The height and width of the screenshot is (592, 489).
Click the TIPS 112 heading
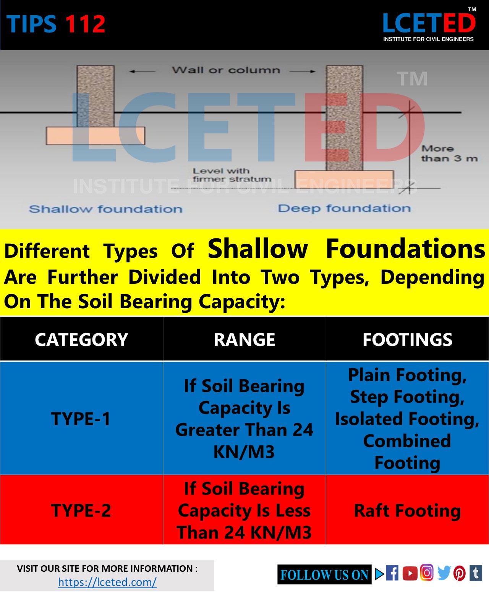click(56, 24)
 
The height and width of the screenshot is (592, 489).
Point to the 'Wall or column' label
click(225, 70)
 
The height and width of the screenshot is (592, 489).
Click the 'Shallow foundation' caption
click(106, 209)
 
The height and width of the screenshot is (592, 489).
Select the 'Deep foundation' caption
click(344, 208)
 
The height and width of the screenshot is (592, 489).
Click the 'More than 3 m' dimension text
click(449, 154)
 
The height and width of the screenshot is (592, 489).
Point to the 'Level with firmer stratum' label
click(232, 175)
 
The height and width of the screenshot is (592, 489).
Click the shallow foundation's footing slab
click(96, 136)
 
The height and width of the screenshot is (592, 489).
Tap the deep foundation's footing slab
click(344, 179)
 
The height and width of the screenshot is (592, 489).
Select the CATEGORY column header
click(81, 340)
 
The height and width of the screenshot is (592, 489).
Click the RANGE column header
click(244, 340)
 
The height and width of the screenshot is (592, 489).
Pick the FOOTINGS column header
click(407, 340)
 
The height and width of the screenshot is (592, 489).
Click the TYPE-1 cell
click(81, 419)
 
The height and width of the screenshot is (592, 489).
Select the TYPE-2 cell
click(81, 510)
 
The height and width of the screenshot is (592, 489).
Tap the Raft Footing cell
click(407, 510)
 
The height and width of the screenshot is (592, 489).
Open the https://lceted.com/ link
click(107, 582)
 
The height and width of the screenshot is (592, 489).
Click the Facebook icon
click(392, 573)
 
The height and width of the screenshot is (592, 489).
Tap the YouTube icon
click(410, 573)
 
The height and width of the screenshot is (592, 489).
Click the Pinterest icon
click(460, 573)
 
